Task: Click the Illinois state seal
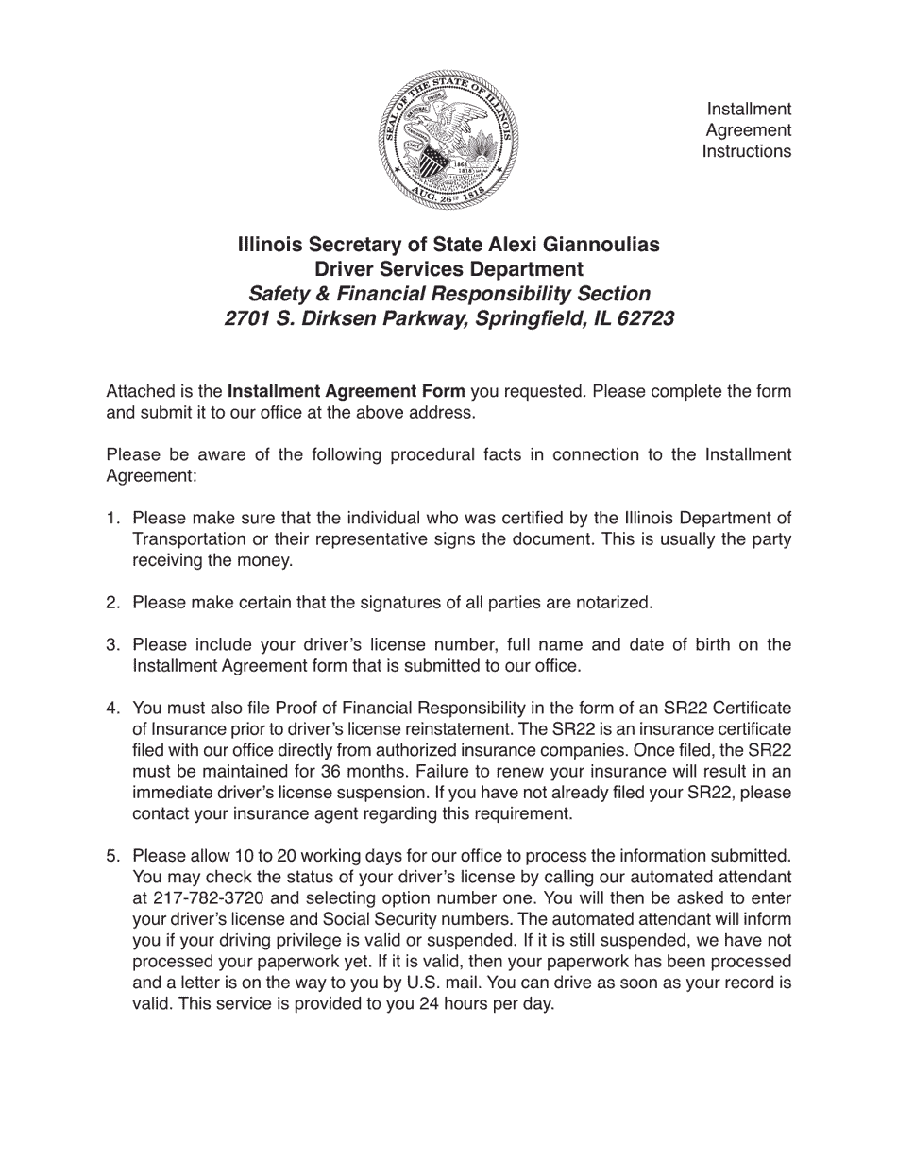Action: click(448, 140)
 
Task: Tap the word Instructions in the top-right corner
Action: click(746, 151)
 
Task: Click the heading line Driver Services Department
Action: click(448, 269)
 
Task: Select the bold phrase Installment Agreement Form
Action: click(347, 391)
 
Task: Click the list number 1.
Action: click(112, 518)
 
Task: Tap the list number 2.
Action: click(112, 602)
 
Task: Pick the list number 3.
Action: click(112, 644)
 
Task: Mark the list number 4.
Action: click(112, 708)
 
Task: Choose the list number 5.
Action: click(112, 856)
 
